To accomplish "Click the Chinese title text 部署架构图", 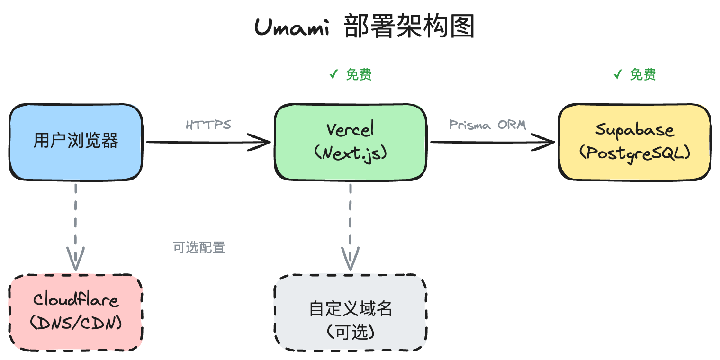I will point(409,27).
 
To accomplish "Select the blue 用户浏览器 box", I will point(76,142).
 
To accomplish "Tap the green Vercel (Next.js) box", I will point(351,142).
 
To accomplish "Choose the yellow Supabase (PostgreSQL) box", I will point(635,142).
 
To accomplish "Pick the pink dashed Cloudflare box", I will point(76,312).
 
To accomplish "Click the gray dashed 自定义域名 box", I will point(351,312).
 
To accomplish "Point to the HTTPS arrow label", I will point(208,125).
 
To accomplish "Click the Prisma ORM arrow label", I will point(487,125).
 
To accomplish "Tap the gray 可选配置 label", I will point(199,247).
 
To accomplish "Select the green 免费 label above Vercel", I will point(359,74).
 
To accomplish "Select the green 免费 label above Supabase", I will point(643,74).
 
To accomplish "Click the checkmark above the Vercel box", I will point(334,74).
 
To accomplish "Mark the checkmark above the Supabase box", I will point(618,74).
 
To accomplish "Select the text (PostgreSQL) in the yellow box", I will point(635,153).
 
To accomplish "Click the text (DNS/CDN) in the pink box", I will point(76,324).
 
